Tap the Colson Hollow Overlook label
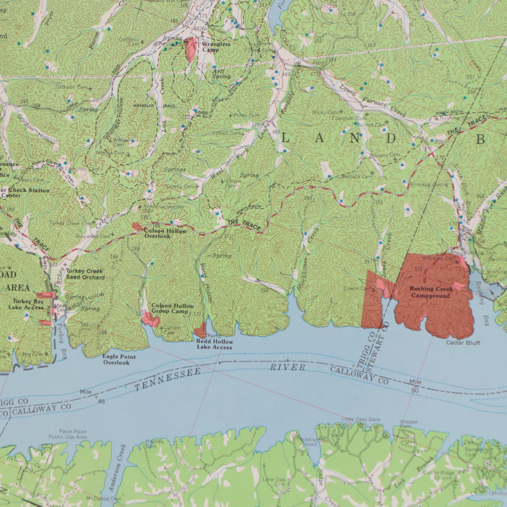165,234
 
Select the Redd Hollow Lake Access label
215,345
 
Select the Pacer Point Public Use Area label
68,434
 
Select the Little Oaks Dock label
361,420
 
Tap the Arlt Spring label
221,74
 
